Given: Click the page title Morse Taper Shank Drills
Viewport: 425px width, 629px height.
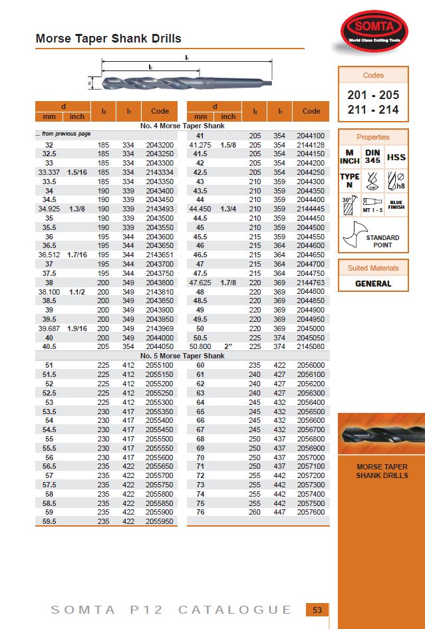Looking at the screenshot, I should point(108,39).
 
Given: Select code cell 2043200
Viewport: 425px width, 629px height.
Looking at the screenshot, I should point(159,145).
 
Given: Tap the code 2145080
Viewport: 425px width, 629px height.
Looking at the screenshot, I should point(312,346).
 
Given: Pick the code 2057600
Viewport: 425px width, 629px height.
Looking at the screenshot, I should point(312,512).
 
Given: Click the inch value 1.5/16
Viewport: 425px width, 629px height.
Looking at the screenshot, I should point(77,172).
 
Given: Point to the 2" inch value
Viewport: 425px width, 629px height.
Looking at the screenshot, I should point(229,346).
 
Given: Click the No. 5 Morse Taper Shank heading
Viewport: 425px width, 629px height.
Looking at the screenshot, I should point(182,356).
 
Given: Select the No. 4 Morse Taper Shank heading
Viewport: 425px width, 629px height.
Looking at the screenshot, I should point(182,126).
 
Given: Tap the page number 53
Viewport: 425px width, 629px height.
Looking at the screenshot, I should point(317,610).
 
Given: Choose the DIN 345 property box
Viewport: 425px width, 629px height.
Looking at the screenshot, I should point(372,158).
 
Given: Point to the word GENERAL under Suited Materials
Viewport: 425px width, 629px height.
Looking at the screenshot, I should point(373,284).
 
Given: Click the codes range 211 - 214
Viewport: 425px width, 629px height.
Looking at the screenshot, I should point(373,110).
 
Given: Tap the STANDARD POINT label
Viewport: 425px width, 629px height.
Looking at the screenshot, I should point(382,241).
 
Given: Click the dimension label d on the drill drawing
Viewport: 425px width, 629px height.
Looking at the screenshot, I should point(90,84).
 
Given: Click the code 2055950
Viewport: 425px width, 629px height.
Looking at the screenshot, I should point(159,521).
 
